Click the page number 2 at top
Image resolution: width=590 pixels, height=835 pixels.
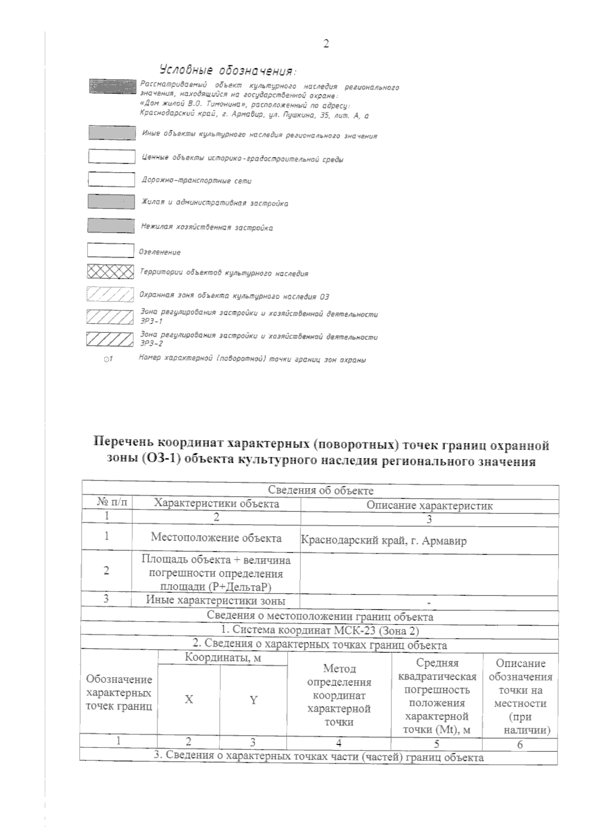click(325, 44)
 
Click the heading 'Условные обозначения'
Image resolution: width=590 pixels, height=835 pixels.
click(229, 70)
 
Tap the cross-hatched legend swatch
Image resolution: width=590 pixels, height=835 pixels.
click(111, 272)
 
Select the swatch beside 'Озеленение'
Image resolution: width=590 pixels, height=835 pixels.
click(111, 250)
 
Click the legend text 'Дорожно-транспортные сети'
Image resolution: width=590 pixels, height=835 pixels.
click(196, 181)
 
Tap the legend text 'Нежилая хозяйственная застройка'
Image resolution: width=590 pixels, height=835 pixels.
click(206, 228)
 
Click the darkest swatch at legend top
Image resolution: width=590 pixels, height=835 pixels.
click(112, 86)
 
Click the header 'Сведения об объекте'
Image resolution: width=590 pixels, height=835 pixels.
click(321, 490)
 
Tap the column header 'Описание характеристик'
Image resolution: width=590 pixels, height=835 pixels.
click(429, 505)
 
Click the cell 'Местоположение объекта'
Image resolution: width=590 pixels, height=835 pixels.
click(216, 537)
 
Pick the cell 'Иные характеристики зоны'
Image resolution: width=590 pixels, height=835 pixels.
click(215, 600)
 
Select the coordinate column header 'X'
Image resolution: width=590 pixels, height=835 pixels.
click(189, 699)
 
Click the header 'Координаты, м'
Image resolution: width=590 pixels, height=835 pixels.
click(222, 657)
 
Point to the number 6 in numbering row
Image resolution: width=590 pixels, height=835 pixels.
click(520, 745)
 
